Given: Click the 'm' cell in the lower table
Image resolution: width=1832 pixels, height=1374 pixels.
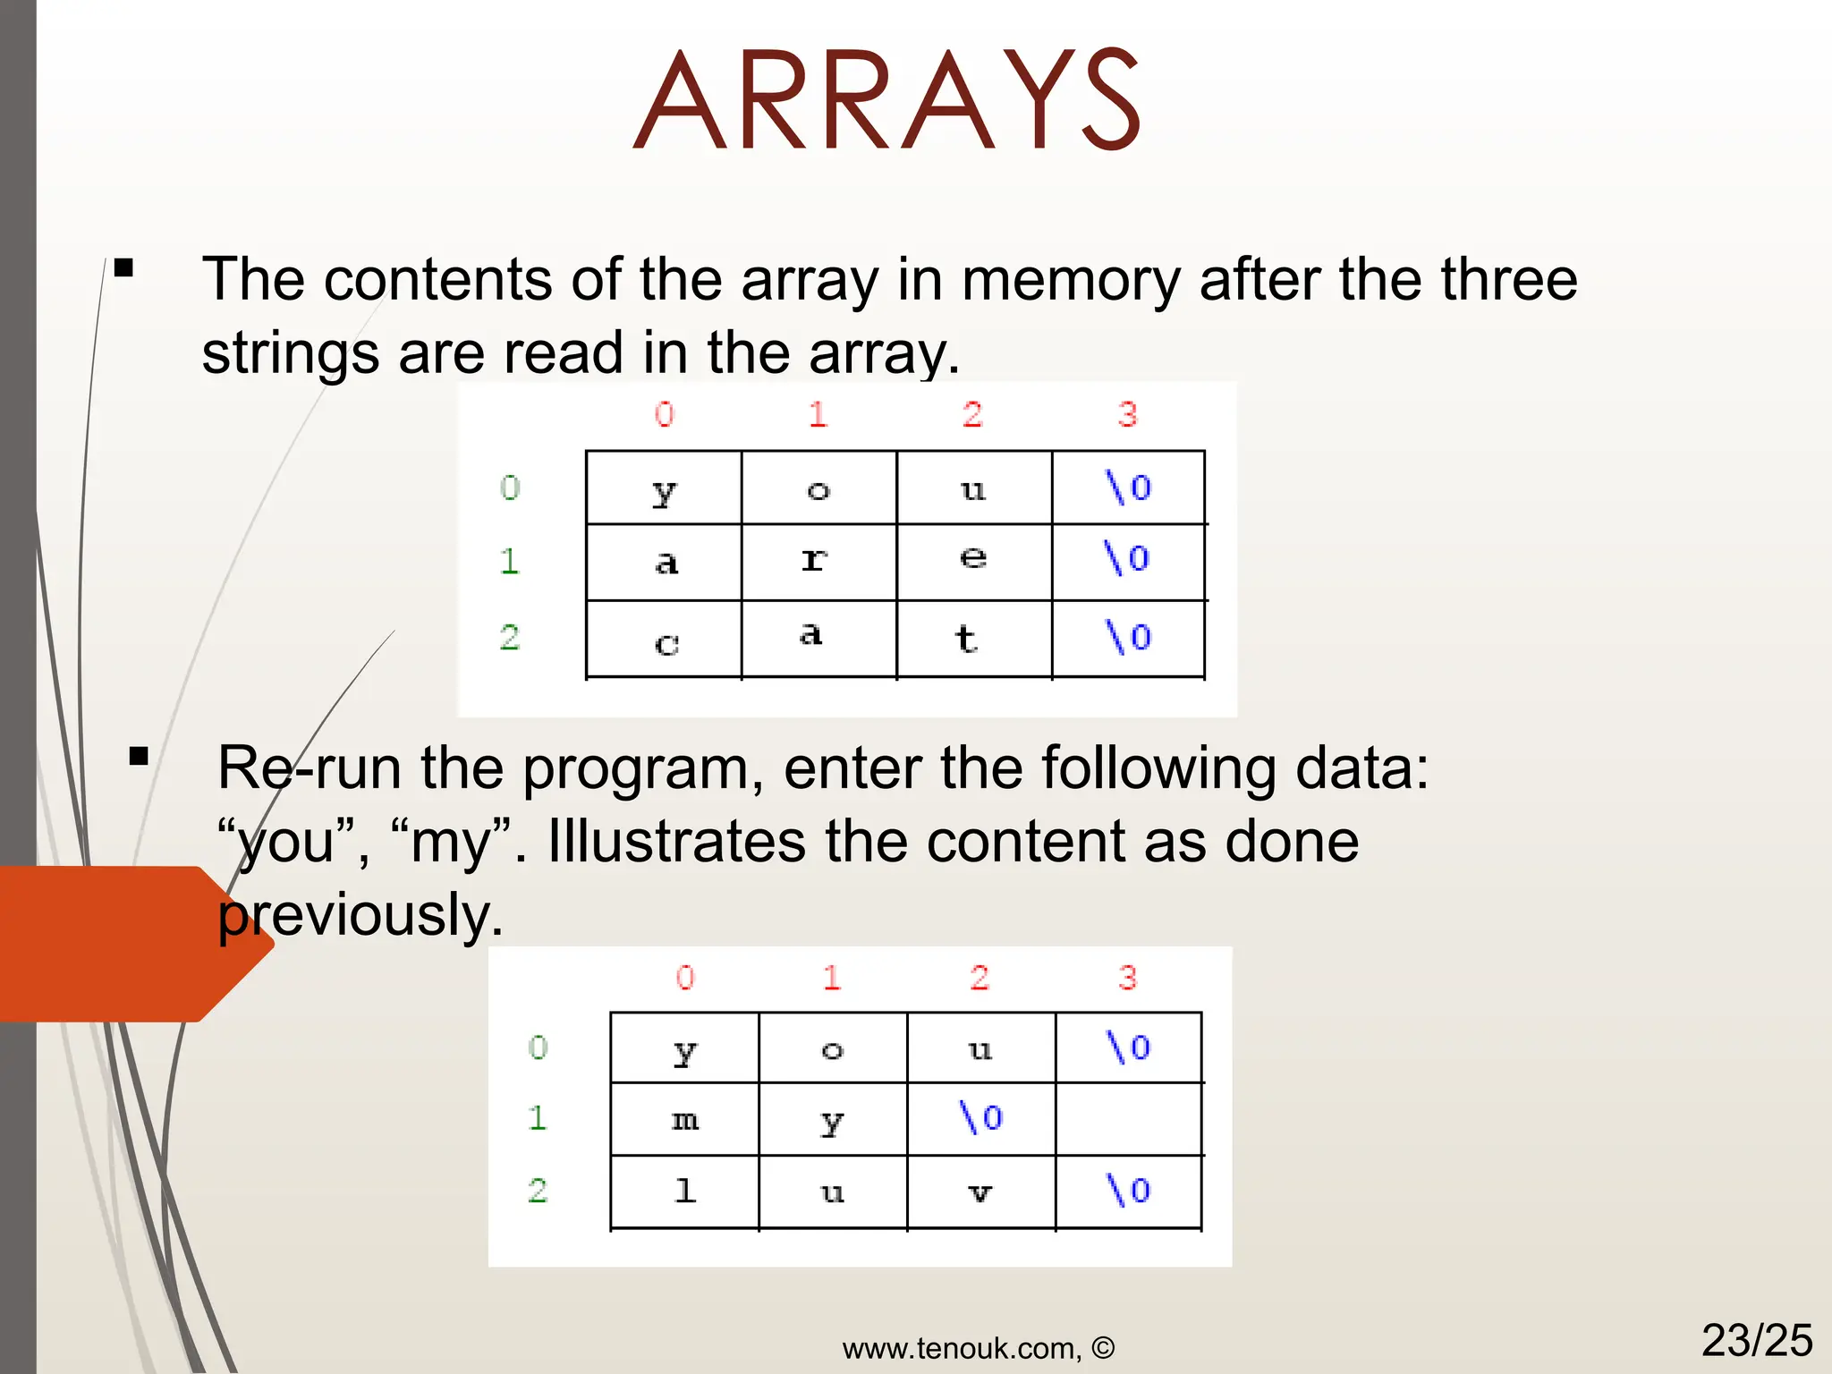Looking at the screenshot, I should [685, 1119].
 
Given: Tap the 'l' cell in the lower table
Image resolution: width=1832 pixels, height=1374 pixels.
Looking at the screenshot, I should [685, 1191].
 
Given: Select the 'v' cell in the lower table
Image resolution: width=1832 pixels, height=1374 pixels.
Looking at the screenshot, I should [980, 1192].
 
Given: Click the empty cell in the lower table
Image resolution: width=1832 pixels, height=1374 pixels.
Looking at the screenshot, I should [1127, 1119].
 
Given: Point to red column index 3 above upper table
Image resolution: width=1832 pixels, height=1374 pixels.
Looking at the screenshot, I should [1127, 414].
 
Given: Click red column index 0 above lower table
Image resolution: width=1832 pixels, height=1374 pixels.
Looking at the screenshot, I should [685, 977].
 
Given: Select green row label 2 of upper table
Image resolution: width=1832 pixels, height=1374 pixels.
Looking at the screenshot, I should [510, 637].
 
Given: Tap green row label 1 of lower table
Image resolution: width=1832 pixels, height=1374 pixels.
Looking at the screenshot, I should [537, 1118].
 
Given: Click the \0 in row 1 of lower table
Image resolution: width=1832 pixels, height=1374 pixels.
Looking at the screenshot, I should [980, 1117].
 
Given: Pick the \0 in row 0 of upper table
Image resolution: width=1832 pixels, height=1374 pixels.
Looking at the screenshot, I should [1128, 488].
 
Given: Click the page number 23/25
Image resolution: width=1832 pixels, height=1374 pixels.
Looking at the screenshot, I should [1756, 1340].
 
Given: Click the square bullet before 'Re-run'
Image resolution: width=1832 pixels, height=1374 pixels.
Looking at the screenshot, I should [139, 758].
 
